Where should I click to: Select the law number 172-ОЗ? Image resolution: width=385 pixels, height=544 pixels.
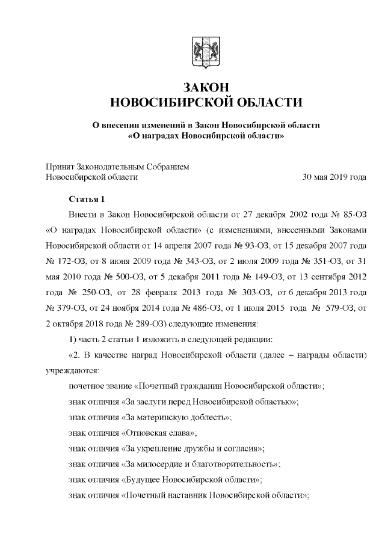coord(66,261)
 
